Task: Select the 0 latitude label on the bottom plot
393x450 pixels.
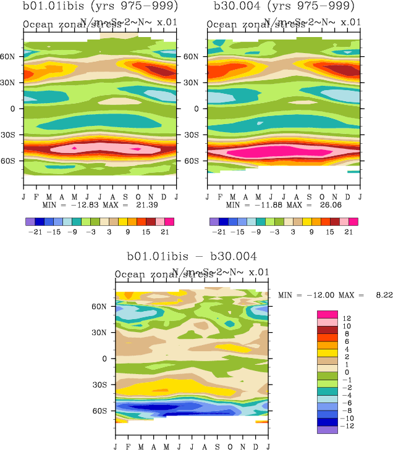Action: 105,358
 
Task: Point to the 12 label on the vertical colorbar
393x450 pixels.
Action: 347,317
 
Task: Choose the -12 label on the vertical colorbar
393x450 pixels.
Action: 349,426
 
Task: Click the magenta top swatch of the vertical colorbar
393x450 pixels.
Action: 327,315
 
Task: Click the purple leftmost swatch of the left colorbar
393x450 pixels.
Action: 30,221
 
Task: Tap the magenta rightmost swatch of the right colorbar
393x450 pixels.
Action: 354,221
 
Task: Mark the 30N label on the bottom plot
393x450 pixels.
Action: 103,332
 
